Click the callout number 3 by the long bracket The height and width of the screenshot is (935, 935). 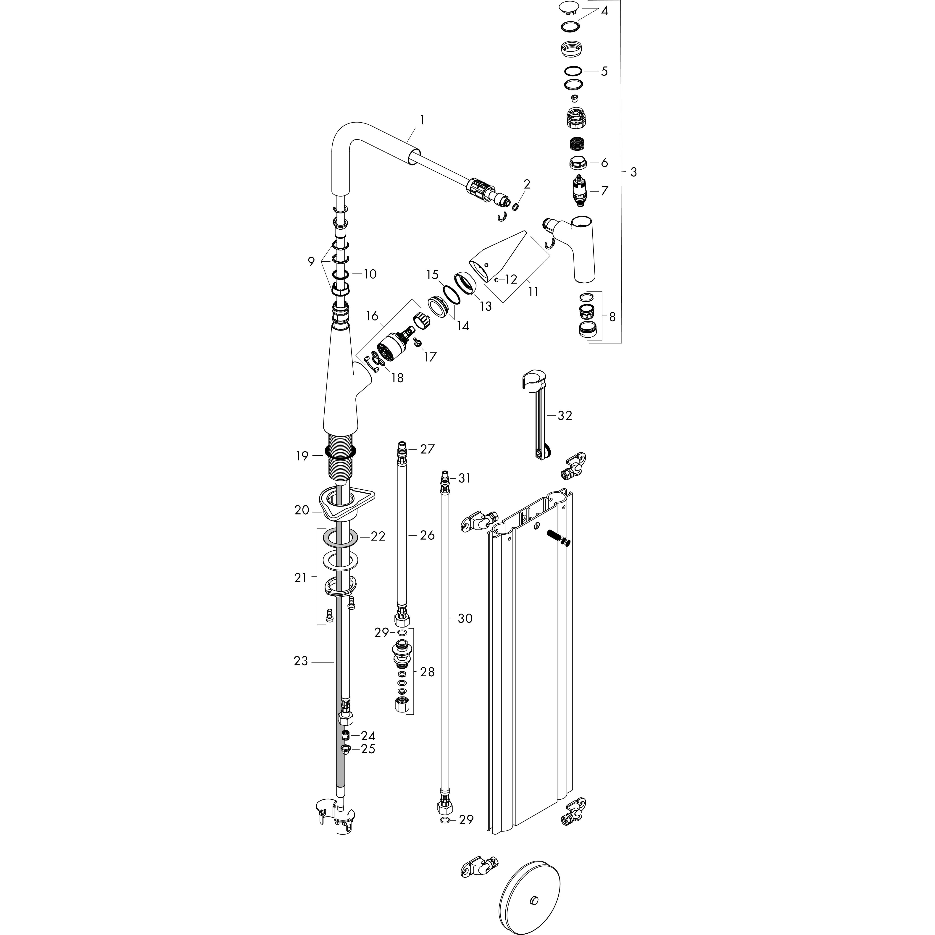tap(633, 172)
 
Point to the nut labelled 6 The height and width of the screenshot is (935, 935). tap(578, 163)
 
